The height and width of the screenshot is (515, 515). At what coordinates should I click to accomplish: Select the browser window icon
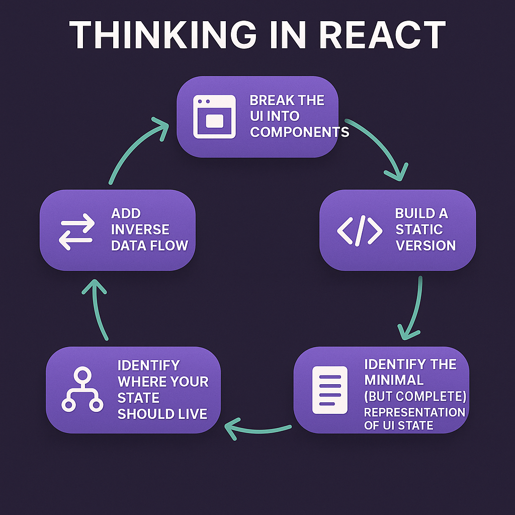click(214, 117)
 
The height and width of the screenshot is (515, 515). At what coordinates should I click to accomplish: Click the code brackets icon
click(359, 230)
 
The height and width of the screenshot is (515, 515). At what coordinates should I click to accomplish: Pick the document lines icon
click(330, 390)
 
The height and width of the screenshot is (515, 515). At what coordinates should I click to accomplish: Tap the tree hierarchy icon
click(82, 389)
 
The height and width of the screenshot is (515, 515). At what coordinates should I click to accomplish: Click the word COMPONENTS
click(300, 132)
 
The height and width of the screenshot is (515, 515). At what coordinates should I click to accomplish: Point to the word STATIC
click(419, 229)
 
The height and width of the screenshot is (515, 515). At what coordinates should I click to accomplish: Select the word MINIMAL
click(394, 380)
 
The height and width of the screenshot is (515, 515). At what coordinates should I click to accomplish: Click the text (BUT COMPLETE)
click(415, 396)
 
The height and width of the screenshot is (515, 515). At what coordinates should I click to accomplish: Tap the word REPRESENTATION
click(414, 412)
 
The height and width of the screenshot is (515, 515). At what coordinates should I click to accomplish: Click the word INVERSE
click(140, 229)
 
